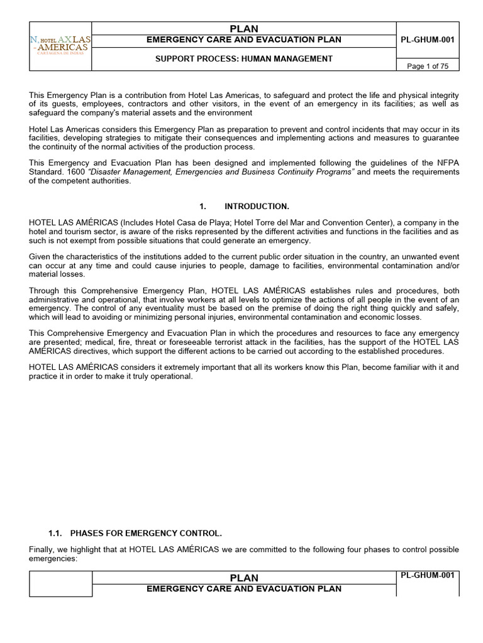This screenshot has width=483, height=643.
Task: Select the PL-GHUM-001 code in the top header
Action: [x=428, y=40]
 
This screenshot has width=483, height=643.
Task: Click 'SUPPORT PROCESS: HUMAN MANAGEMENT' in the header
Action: [x=244, y=59]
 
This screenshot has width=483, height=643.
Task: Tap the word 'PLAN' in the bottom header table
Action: [x=244, y=577]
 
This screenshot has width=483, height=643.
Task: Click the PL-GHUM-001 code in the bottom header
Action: [x=428, y=575]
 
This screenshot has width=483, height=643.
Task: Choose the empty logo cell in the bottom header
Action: [x=60, y=584]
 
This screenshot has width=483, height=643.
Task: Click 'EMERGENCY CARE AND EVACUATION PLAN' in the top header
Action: [x=244, y=40]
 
